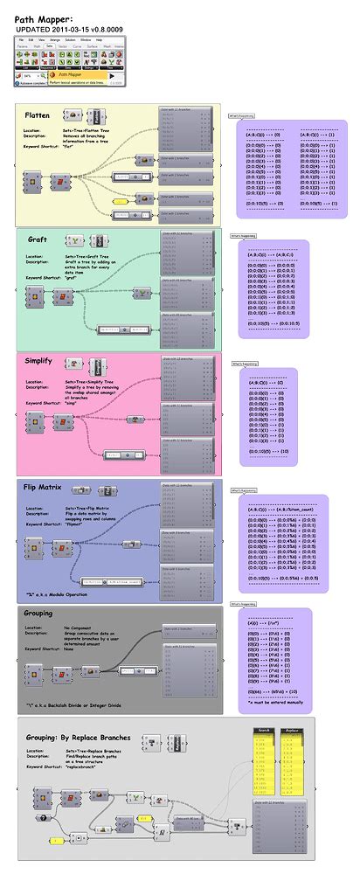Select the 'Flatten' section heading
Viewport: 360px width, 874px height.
point(37,114)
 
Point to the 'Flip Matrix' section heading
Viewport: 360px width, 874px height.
point(43,486)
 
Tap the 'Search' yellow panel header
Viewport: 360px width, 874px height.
point(263,730)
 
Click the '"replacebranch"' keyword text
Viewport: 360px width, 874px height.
point(85,766)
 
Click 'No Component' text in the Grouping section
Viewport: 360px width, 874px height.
point(80,628)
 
